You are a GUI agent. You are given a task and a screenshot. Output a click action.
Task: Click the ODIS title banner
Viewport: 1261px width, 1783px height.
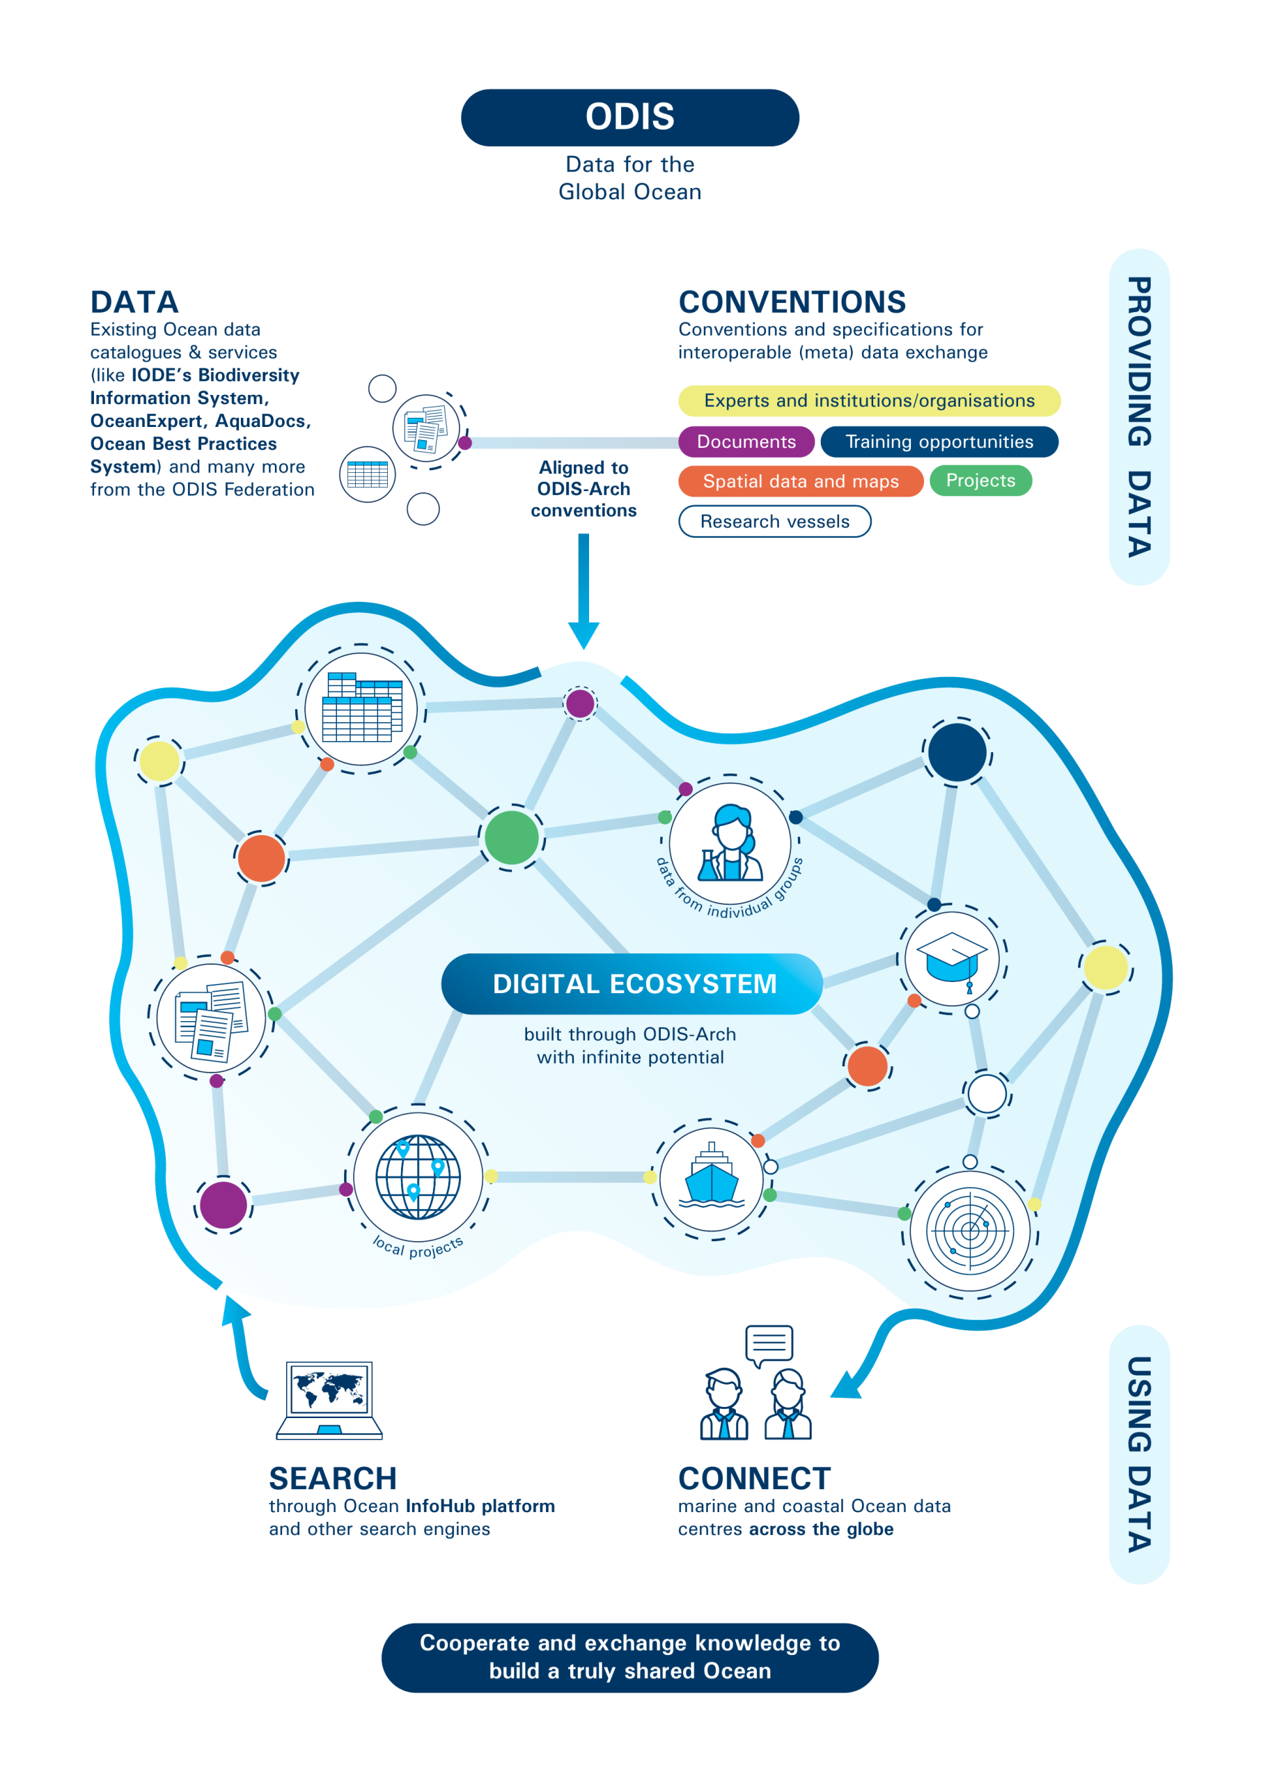(629, 117)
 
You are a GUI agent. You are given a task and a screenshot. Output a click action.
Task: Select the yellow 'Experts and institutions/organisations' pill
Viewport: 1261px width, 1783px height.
(869, 400)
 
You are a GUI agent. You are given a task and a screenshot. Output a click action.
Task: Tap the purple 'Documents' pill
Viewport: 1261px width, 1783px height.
(746, 442)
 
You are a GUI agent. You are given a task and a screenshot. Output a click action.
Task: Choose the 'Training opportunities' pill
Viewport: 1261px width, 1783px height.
(939, 442)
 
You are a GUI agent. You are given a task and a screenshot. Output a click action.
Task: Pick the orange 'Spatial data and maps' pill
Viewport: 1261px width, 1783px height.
(801, 481)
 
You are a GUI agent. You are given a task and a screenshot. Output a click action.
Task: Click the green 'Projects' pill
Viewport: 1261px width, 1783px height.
(980, 481)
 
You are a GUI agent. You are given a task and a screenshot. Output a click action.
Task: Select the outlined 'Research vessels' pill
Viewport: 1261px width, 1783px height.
(775, 522)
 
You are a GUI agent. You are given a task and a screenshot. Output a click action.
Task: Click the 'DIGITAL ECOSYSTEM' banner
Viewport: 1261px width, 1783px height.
(632, 984)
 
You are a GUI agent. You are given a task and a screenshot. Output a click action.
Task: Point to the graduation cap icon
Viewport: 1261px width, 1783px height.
(952, 961)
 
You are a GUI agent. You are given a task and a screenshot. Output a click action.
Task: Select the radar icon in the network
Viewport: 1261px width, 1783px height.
(970, 1230)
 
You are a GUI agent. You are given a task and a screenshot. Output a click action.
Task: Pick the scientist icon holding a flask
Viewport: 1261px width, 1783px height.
(730, 843)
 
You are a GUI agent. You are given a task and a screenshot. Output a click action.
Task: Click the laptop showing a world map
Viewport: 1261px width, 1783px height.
(329, 1400)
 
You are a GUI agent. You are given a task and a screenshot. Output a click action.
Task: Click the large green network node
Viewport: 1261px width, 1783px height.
(512, 837)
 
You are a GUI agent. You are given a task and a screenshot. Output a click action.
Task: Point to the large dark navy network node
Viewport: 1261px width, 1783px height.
(957, 752)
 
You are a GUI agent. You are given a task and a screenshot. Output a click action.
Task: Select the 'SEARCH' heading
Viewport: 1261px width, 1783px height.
(333, 1479)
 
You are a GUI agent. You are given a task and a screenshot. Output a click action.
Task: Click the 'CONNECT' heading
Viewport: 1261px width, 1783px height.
(755, 1479)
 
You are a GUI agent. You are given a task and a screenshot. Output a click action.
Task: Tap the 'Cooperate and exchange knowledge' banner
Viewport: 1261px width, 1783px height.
(629, 1657)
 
